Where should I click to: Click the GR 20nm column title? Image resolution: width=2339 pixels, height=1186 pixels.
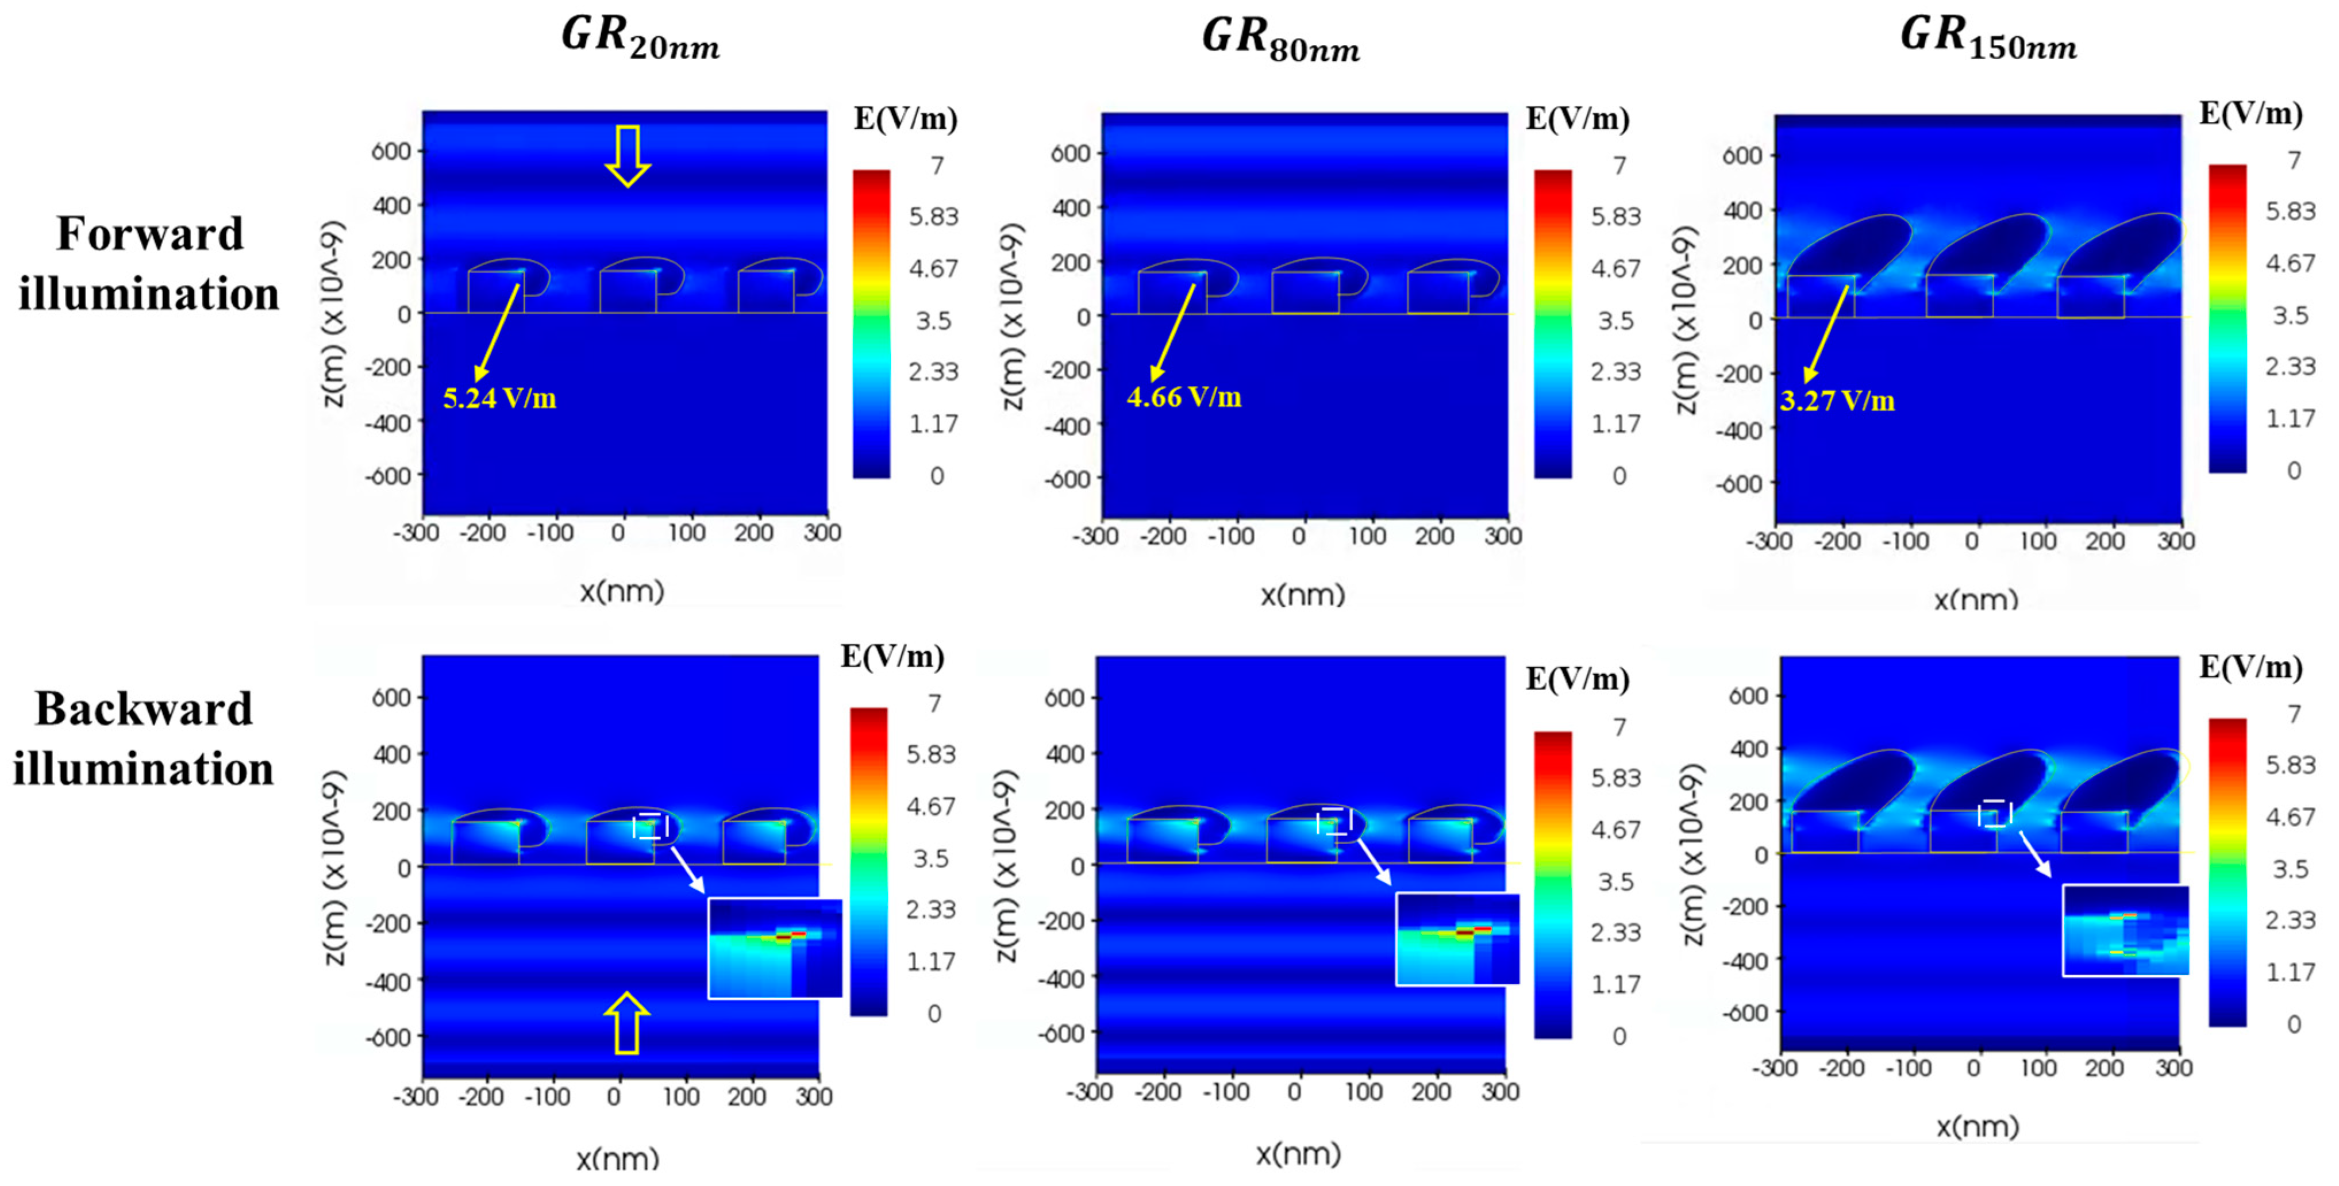[640, 38]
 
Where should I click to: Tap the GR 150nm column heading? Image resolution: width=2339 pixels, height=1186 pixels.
[1988, 38]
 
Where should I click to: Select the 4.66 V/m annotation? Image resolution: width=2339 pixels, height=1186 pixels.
[1183, 398]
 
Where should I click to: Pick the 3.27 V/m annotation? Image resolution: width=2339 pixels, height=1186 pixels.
[1837, 401]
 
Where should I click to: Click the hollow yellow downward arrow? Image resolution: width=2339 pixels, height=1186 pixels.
[628, 155]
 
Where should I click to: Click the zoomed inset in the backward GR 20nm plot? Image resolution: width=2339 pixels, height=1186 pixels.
[775, 948]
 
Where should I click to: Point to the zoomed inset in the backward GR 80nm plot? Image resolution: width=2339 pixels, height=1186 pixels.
[1456, 939]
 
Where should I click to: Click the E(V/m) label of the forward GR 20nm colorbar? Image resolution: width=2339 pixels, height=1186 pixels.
[905, 119]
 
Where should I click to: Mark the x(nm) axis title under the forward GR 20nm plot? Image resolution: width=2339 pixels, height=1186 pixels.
[622, 592]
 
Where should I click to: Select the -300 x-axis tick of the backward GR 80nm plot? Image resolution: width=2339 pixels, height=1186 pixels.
[1088, 1092]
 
